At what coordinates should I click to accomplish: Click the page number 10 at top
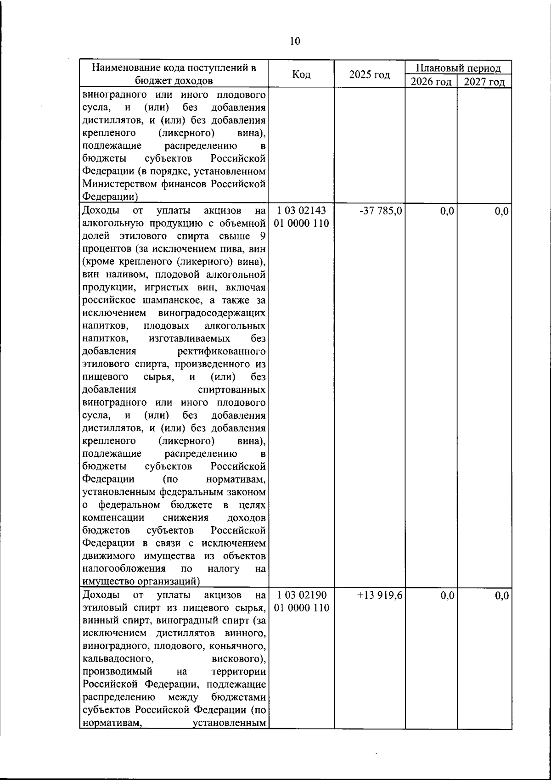(295, 41)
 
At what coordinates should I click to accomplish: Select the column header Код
(301, 74)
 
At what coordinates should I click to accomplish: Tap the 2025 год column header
(369, 74)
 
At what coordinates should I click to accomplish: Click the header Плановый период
(458, 68)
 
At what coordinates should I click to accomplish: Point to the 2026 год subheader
(431, 82)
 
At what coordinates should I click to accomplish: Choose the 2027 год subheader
(484, 82)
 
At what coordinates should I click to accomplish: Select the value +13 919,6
(380, 595)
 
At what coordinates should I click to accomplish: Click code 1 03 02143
(302, 212)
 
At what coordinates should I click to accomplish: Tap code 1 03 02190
(302, 595)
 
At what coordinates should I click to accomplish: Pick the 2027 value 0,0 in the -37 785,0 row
(501, 212)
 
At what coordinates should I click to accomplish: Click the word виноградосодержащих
(212, 314)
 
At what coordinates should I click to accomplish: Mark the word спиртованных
(231, 390)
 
